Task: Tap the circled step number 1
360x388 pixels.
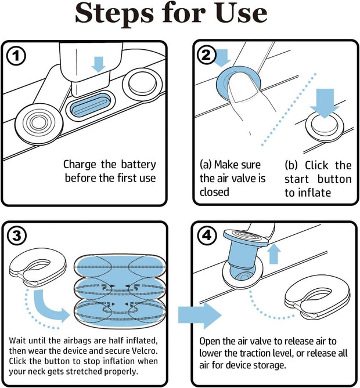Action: tap(17, 56)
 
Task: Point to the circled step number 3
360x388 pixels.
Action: tap(17, 237)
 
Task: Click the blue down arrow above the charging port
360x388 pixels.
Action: tap(99, 63)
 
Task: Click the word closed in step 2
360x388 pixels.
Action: tap(214, 192)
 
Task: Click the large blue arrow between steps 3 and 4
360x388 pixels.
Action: tap(199, 315)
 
